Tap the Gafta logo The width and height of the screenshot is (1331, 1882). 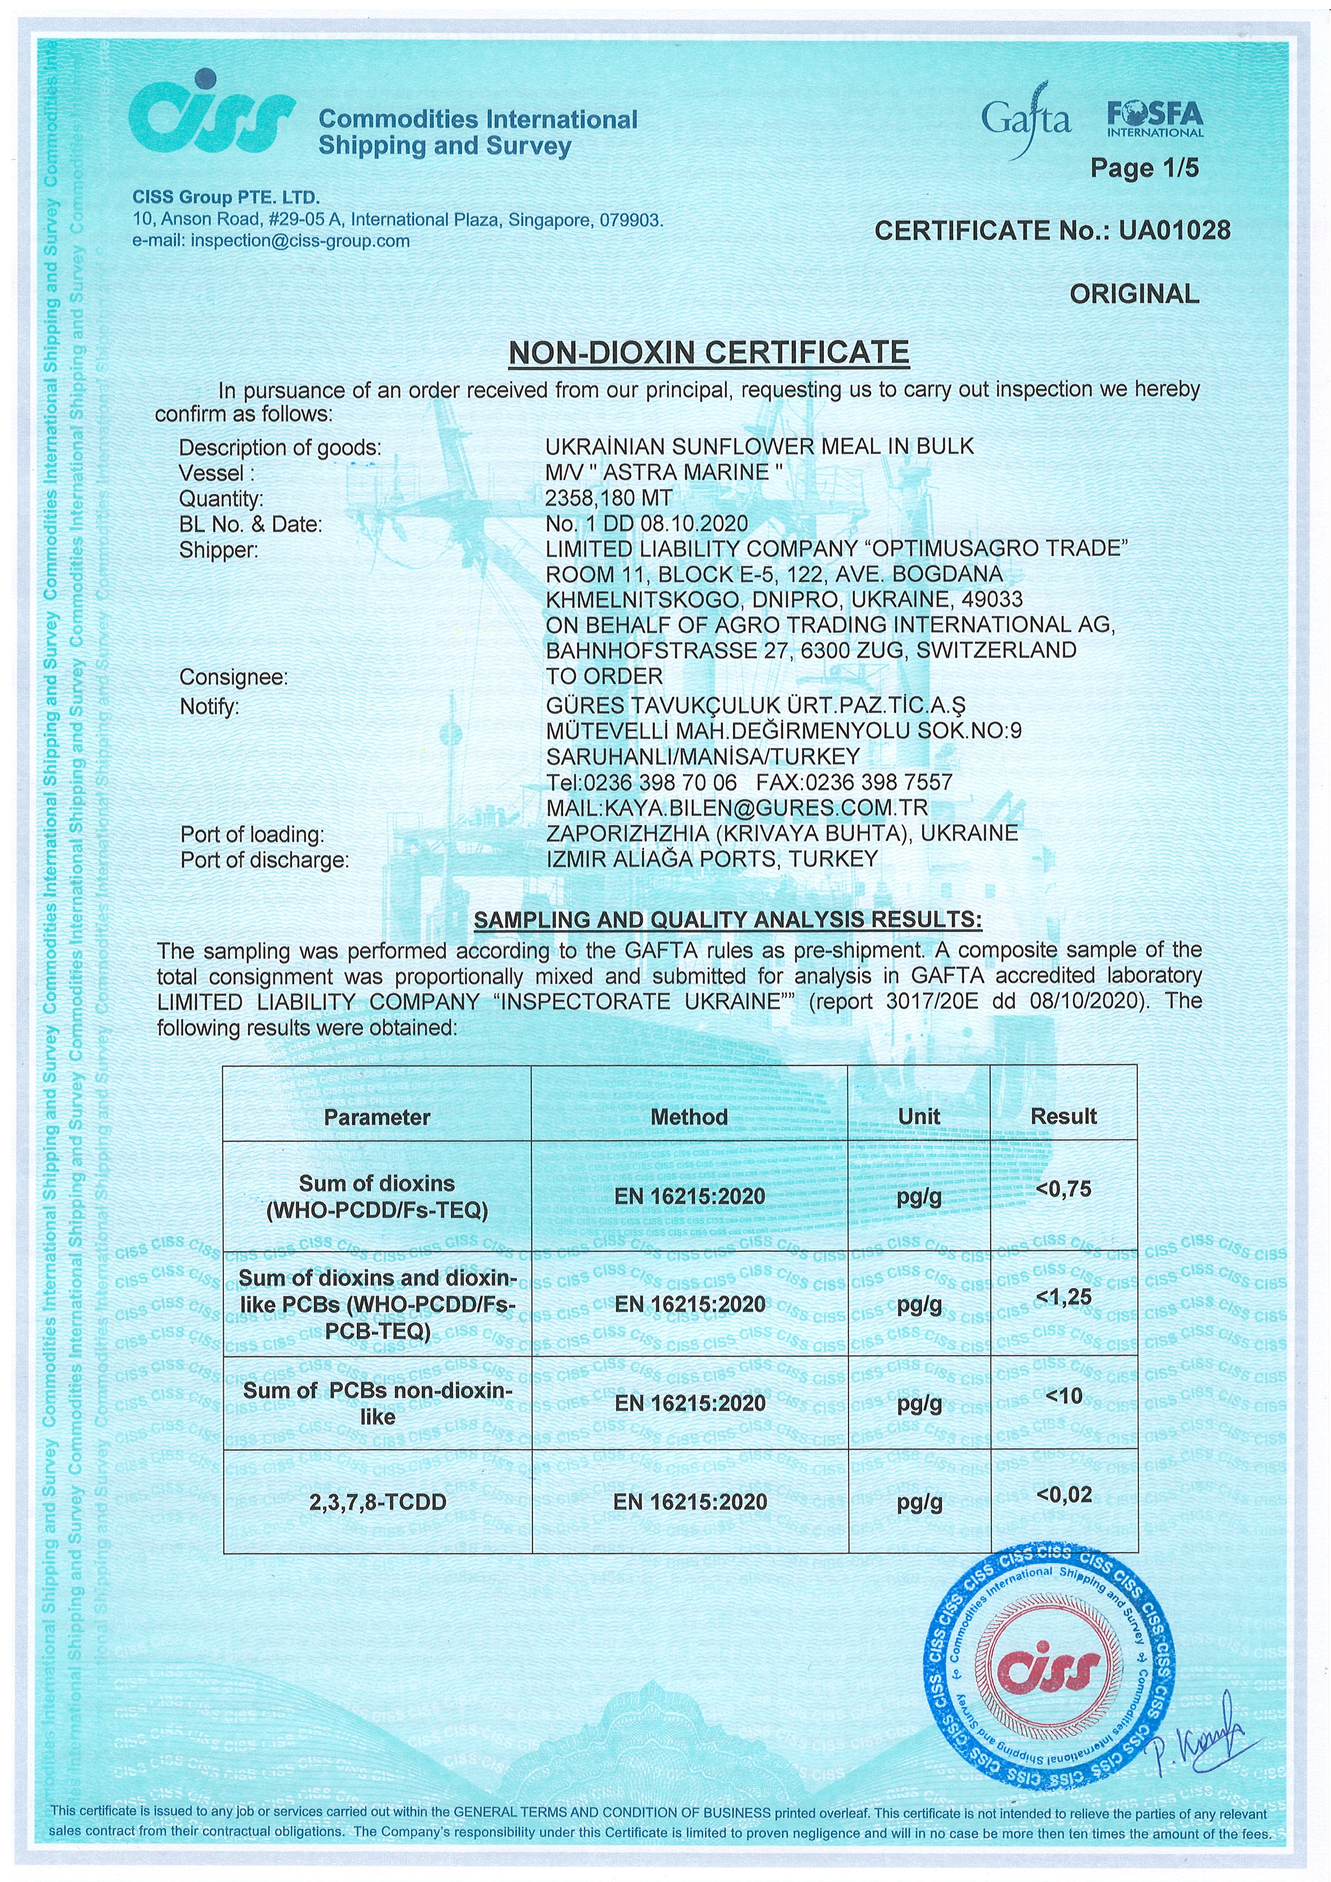[x=1026, y=120]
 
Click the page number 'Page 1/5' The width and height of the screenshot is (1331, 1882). [x=1144, y=168]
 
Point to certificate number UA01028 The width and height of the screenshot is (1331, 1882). [x=1174, y=231]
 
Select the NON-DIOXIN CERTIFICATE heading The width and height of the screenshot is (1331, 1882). [x=708, y=352]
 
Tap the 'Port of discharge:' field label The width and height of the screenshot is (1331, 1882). [x=264, y=861]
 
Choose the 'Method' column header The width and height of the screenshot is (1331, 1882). [x=689, y=1117]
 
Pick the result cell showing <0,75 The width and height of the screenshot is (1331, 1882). [x=1064, y=1189]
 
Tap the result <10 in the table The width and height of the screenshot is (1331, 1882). [x=1064, y=1396]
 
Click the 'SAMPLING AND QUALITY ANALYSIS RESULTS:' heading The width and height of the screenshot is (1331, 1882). [x=727, y=920]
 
